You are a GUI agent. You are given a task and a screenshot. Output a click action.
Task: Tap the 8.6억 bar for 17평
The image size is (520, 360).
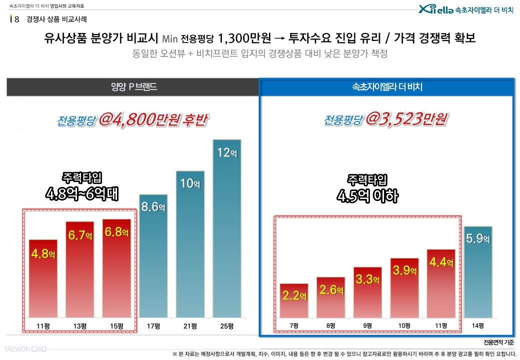point(153,255)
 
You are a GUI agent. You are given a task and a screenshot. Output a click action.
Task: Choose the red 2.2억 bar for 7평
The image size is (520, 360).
point(294,300)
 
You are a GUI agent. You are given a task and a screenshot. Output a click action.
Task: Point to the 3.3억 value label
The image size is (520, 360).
point(367,279)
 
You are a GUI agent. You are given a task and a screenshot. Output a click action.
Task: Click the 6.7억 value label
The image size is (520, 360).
point(80,235)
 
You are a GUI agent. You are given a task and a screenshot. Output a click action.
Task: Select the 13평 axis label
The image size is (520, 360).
point(80,326)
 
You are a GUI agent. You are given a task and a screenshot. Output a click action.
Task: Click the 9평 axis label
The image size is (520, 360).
point(367,326)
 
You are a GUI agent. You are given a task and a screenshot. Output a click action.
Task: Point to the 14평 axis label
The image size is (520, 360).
point(477,326)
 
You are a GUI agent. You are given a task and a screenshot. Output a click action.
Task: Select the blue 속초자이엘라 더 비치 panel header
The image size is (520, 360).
point(387,87)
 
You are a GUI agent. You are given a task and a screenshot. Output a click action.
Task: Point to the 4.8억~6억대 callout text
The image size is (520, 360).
point(82,193)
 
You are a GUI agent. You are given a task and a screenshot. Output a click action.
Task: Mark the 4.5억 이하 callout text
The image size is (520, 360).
point(367,195)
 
